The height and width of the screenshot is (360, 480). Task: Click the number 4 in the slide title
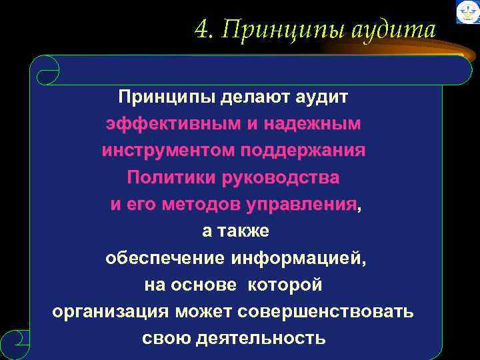(201, 29)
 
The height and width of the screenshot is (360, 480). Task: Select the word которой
(285, 285)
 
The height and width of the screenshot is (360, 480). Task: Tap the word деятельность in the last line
(261, 339)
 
